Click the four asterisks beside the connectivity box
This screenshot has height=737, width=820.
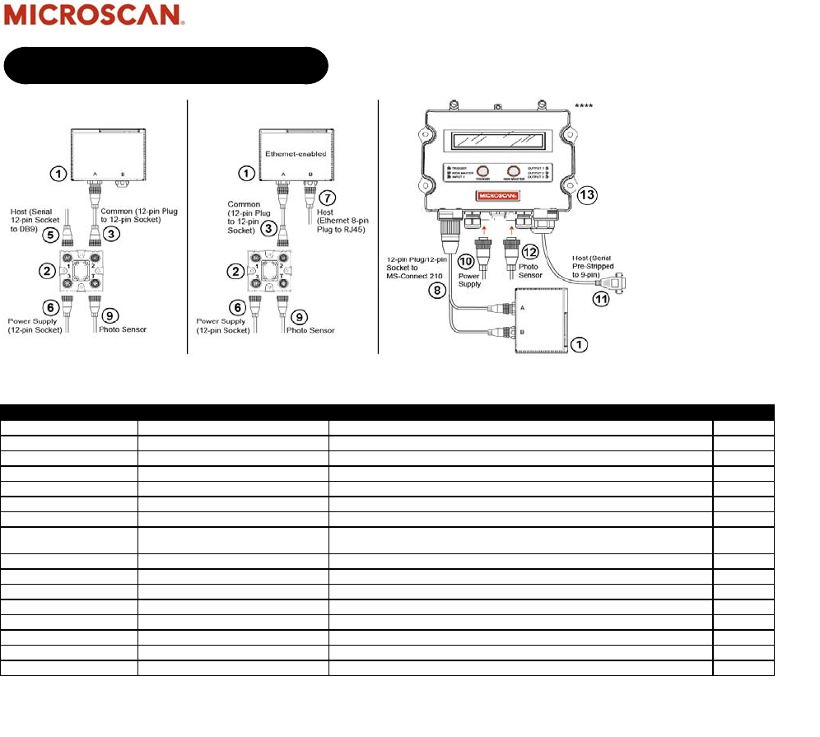(584, 106)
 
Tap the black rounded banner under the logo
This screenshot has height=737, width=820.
(165, 65)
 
